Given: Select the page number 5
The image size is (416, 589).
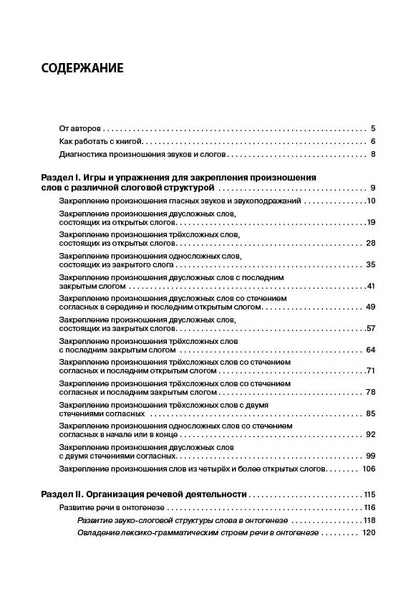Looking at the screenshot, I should (371, 129).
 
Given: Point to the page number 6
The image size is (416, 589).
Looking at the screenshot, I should (371, 142).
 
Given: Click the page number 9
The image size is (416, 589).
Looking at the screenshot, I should (371, 188).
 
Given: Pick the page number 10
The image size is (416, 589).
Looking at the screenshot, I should (369, 202).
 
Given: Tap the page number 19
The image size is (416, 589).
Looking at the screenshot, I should (369, 222).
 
